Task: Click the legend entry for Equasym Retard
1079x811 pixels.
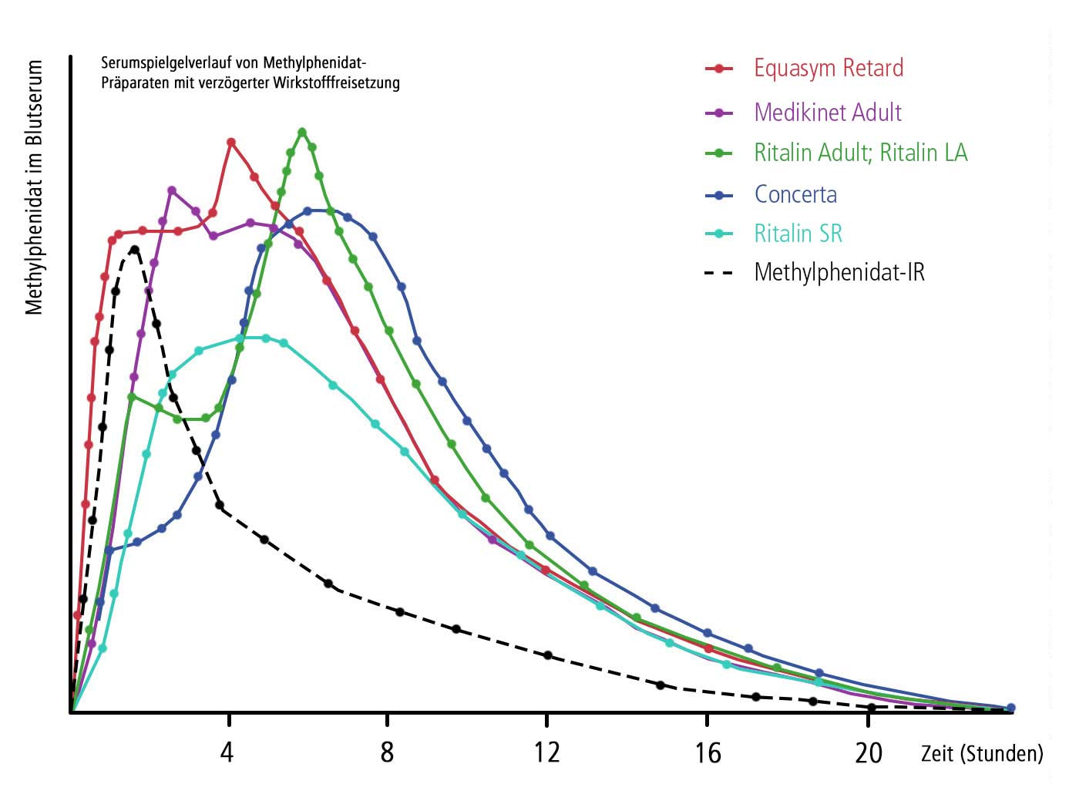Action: click(x=829, y=68)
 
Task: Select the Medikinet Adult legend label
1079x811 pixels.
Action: click(x=828, y=113)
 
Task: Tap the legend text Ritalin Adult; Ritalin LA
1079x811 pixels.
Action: click(x=860, y=153)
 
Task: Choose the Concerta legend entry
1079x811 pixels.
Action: click(x=795, y=194)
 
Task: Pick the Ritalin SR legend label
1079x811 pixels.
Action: click(x=798, y=234)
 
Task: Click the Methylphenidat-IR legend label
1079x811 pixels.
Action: click(x=839, y=272)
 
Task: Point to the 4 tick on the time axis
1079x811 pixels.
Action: click(x=227, y=752)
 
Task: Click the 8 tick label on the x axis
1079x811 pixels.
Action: click(x=387, y=752)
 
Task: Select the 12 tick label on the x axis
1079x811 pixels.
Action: click(x=546, y=752)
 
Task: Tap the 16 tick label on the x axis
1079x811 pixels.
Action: click(x=708, y=752)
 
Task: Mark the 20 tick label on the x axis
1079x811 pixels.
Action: click(x=869, y=752)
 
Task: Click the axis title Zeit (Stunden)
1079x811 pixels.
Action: click(x=982, y=753)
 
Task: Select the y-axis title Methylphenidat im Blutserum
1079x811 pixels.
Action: click(x=34, y=188)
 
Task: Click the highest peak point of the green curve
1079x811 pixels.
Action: click(x=302, y=132)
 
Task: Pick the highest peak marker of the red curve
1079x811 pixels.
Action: click(x=231, y=142)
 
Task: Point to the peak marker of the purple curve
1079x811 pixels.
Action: click(x=172, y=190)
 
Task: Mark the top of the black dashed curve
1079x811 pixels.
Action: click(x=135, y=249)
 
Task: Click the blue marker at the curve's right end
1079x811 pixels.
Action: click(x=1011, y=708)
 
